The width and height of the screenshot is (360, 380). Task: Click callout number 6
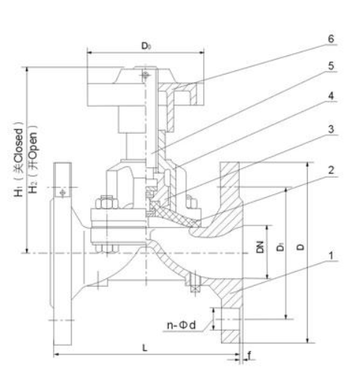point(331,39)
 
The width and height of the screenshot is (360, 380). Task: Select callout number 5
point(331,66)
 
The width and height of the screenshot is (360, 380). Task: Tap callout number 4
point(331,96)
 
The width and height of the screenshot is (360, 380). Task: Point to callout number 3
point(331,129)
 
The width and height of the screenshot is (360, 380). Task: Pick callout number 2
point(331,170)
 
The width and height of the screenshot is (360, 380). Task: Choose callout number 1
point(331,255)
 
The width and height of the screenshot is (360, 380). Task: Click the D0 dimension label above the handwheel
point(146,46)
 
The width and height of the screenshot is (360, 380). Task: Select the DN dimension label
point(260,247)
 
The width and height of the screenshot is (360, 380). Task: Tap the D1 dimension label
point(281,246)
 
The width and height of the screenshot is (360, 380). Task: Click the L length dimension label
point(145,348)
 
